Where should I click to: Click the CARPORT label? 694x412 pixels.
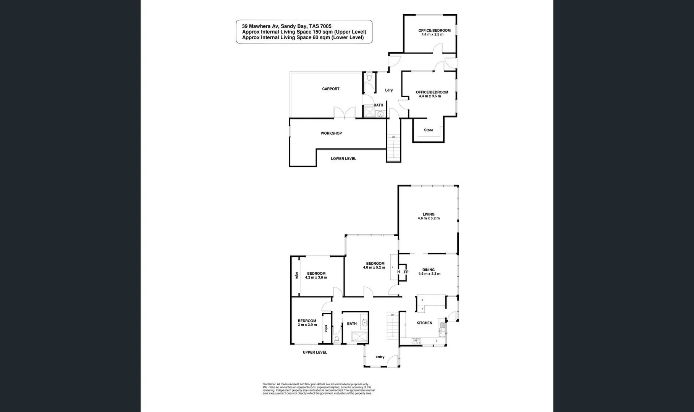pyautogui.click(x=330, y=89)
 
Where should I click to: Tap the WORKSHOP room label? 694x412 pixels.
pyautogui.click(x=331, y=133)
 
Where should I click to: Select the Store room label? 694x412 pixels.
pyautogui.click(x=429, y=130)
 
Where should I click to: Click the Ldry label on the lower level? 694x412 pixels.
pyautogui.click(x=389, y=90)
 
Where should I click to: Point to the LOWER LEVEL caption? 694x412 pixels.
pyautogui.click(x=343, y=159)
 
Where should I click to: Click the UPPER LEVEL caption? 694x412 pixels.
pyautogui.click(x=315, y=352)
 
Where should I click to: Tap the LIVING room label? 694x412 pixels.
pyautogui.click(x=429, y=214)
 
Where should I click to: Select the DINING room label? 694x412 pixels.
pyautogui.click(x=429, y=270)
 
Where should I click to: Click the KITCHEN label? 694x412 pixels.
pyautogui.click(x=424, y=323)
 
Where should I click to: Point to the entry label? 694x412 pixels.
pyautogui.click(x=380, y=357)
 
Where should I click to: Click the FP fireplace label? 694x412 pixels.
pyautogui.click(x=406, y=272)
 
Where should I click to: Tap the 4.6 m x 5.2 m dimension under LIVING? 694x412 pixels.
pyautogui.click(x=429, y=219)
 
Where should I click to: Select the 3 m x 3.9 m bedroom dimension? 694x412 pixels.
pyautogui.click(x=307, y=325)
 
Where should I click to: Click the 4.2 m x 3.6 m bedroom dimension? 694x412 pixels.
pyautogui.click(x=316, y=278)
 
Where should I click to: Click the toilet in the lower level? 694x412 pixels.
pyautogui.click(x=369, y=78)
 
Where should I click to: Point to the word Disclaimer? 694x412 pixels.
pyautogui.click(x=269, y=384)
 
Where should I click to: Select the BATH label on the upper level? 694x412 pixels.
pyautogui.click(x=352, y=323)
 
